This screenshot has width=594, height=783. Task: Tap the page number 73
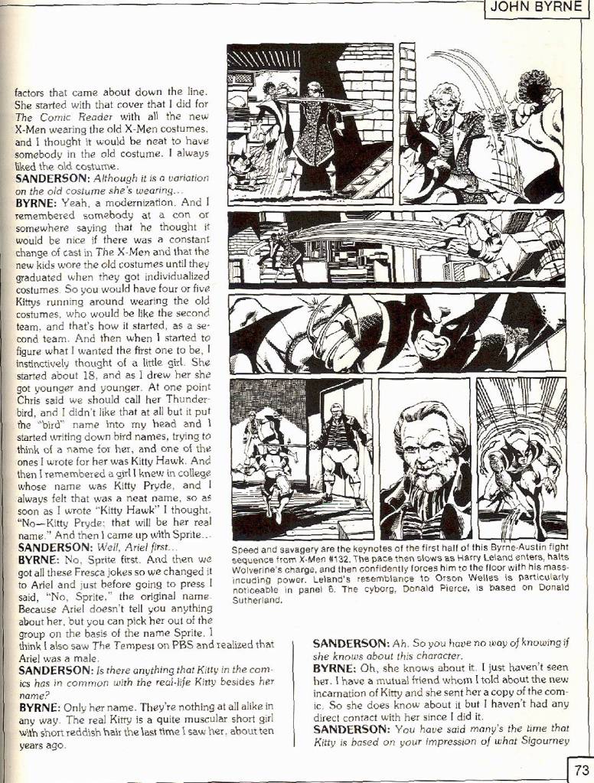(580, 768)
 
